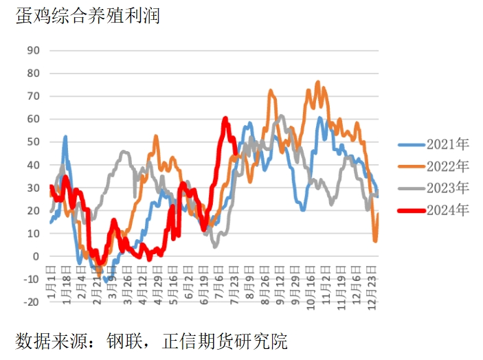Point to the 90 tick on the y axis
tap(33, 50)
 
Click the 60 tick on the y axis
tap(33, 119)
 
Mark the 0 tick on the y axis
tap(36, 256)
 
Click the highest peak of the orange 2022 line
tap(317, 82)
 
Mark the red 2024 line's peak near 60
tap(225, 119)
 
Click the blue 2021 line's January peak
tap(65, 137)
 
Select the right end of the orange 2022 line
tap(378, 214)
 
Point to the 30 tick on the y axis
tap(33, 188)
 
